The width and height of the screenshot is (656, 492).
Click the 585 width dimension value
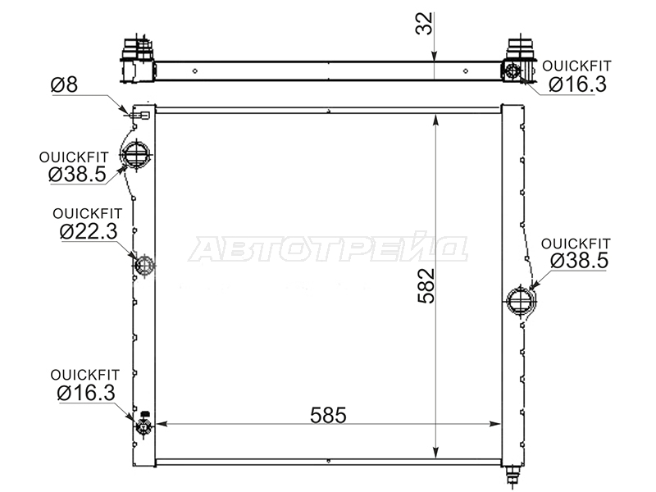coord(329,416)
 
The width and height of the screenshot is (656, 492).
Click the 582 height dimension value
coord(426,285)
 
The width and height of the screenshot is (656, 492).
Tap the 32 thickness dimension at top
coord(424,24)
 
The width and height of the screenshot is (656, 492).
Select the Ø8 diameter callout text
coord(64,84)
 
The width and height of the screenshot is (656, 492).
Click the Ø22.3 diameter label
coord(89,231)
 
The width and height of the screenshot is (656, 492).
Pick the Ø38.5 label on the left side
coord(77,174)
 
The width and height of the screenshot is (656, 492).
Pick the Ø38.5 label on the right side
coord(579,261)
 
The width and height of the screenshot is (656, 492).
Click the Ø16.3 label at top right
coord(577,84)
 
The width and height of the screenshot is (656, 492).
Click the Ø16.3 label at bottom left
coord(86,394)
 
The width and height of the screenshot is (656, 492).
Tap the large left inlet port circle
coord(136,155)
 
